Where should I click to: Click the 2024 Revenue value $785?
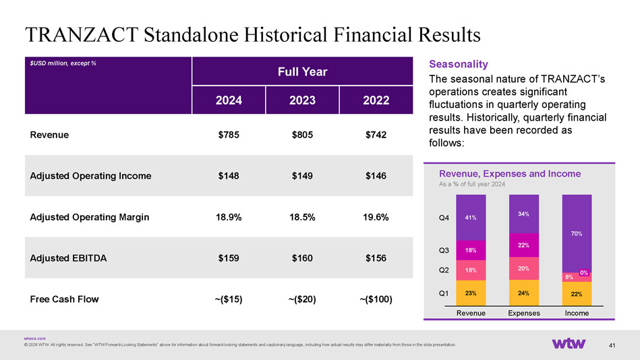[229, 135]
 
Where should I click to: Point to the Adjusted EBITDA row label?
[68, 258]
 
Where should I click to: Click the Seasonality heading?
[458, 64]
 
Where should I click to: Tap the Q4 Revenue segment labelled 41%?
[471, 218]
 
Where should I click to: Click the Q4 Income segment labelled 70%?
[577, 233]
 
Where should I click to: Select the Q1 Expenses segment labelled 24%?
[523, 293]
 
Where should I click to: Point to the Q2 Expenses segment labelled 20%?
[523, 268]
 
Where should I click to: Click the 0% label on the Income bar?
[584, 272]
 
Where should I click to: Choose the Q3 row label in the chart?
[444, 250]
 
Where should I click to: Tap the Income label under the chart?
[577, 313]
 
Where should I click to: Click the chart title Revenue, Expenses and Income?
[509, 174]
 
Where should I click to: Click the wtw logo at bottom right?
[573, 344]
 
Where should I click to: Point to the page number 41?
[612, 346]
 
